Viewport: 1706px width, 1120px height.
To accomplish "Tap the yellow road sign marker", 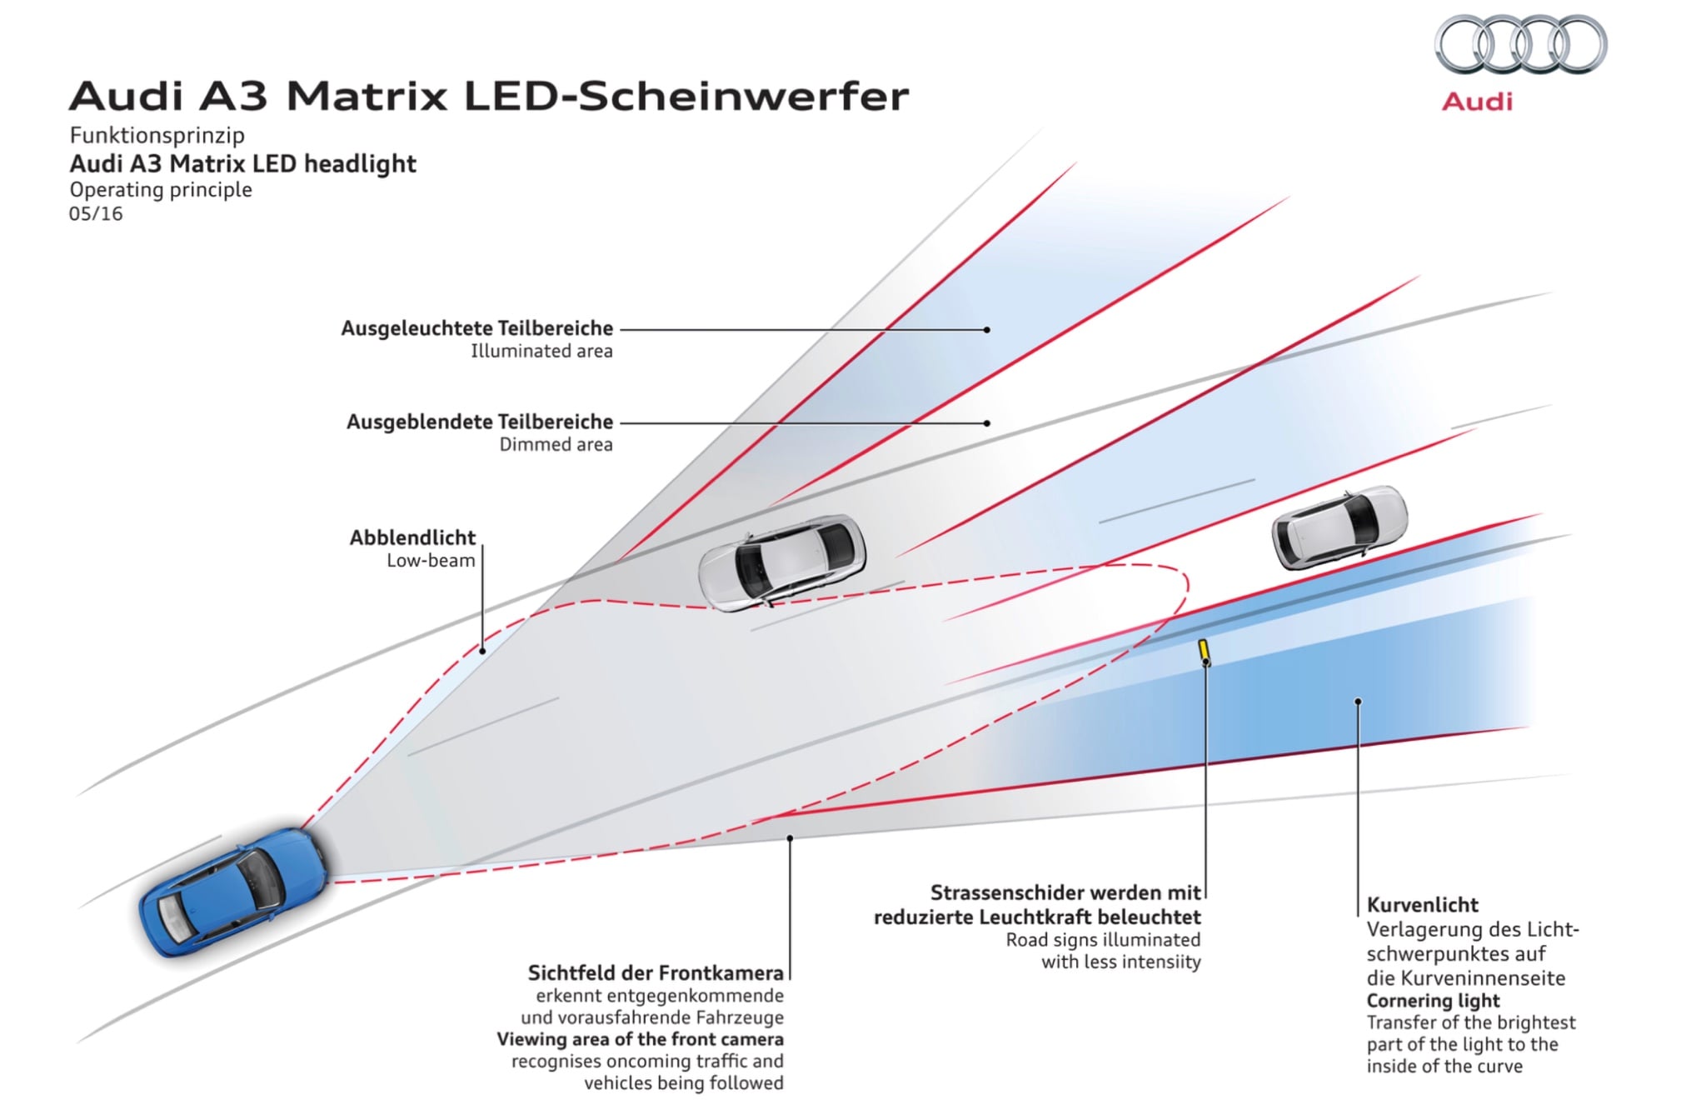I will click(x=1205, y=651).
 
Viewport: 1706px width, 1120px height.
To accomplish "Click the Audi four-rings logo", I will click(x=1520, y=45).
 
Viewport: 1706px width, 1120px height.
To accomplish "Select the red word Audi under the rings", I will click(x=1477, y=102).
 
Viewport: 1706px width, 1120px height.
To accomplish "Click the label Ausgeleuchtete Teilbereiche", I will click(x=476, y=328).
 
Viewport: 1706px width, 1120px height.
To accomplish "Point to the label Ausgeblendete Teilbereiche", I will click(x=480, y=422).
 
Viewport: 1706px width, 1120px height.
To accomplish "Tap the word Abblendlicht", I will click(x=412, y=537).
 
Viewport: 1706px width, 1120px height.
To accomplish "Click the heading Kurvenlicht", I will click(x=1422, y=905).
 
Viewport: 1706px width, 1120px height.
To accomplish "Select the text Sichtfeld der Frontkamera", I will click(x=656, y=972).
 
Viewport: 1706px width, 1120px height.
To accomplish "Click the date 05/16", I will click(x=96, y=214).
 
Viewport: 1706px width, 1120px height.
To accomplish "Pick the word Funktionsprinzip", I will click(x=157, y=135).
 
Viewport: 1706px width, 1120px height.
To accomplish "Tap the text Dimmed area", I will click(x=556, y=445).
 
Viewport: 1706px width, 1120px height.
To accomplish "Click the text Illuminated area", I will click(x=541, y=352).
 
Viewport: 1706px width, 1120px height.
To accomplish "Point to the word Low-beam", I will click(x=431, y=561).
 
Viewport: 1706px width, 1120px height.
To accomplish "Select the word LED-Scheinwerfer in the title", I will click(x=686, y=97).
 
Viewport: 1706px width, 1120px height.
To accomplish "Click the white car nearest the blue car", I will click(x=781, y=562).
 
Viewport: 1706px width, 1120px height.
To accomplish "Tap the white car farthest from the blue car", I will click(x=1339, y=527).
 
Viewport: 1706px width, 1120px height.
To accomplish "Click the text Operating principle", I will click(x=161, y=190).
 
